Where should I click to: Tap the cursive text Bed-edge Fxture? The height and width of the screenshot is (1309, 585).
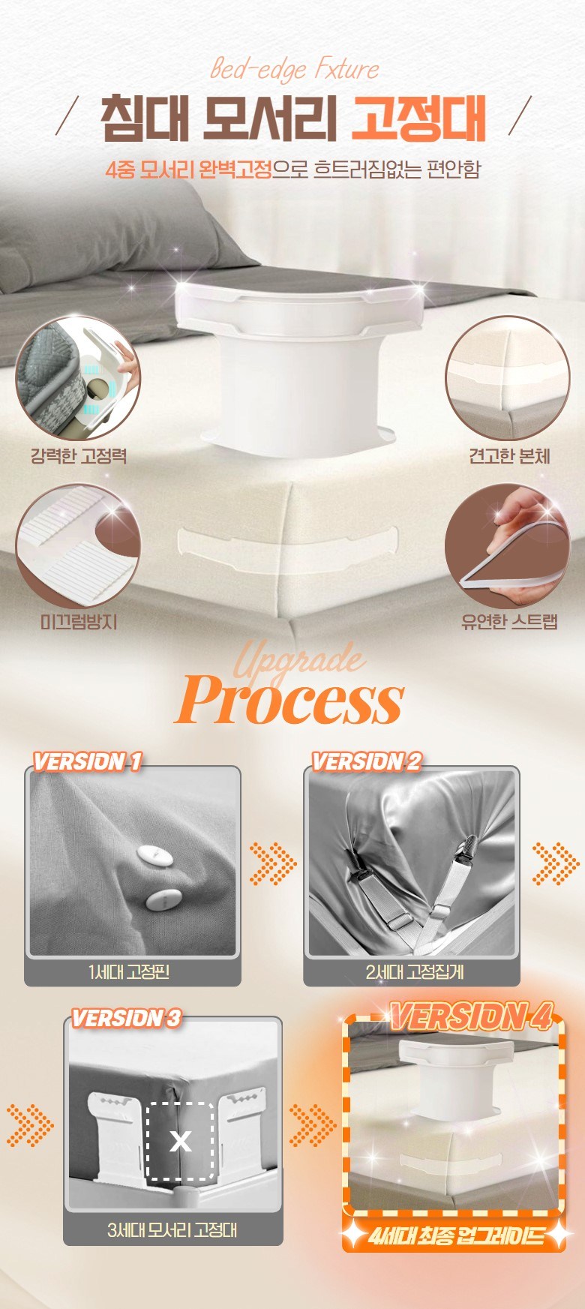(x=294, y=70)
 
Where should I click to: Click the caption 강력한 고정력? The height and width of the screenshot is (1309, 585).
(x=78, y=455)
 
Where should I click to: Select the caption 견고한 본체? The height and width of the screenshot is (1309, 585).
(x=509, y=455)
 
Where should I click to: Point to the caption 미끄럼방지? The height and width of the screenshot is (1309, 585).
(x=78, y=622)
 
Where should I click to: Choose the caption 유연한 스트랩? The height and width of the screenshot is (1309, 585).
(x=509, y=622)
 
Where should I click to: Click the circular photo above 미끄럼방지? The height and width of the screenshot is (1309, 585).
(x=78, y=545)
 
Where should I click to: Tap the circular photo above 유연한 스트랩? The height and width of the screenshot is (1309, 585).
(x=508, y=545)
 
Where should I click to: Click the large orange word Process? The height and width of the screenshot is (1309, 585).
(x=290, y=699)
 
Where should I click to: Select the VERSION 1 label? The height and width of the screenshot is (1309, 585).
(x=87, y=762)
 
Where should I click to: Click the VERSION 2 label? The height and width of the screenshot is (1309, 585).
(x=367, y=762)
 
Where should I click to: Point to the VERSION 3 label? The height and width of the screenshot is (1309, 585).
(x=126, y=1018)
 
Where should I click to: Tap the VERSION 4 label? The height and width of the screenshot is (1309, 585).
(x=471, y=1016)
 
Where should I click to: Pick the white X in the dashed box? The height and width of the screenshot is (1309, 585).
(x=180, y=1141)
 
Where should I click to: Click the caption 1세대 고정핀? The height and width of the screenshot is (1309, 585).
(x=129, y=972)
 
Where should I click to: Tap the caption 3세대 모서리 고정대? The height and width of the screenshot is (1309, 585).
(x=172, y=1229)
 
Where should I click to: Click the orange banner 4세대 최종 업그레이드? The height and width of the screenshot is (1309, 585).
(x=454, y=1235)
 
